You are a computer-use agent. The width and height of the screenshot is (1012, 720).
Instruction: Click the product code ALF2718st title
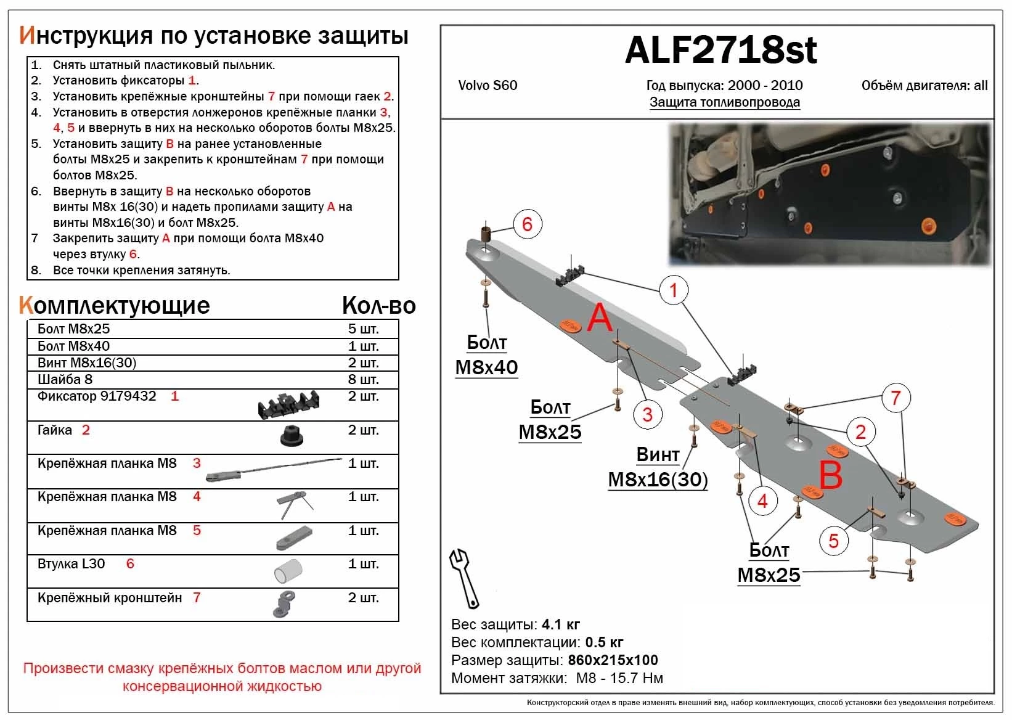tap(720, 51)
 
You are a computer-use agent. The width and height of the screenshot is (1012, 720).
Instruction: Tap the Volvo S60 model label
tap(488, 86)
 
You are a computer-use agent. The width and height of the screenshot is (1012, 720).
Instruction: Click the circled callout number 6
tap(527, 224)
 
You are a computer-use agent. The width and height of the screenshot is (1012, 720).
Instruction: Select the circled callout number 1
tap(673, 290)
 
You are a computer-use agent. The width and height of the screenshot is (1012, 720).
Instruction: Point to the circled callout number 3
tap(647, 414)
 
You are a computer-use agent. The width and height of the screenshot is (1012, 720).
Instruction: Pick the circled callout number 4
tap(762, 501)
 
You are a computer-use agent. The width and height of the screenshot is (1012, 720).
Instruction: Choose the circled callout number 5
tap(833, 541)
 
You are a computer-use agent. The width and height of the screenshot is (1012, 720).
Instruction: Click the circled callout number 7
tap(896, 398)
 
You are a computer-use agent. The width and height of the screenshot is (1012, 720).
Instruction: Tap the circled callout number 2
tap(860, 432)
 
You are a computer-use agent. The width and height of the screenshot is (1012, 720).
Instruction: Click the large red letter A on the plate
tap(599, 318)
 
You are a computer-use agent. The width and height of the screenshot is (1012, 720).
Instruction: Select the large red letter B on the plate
tap(830, 476)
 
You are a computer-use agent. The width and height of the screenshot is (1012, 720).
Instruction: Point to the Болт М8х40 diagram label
tap(486, 355)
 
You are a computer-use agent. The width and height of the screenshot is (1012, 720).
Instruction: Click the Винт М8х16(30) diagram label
tap(658, 467)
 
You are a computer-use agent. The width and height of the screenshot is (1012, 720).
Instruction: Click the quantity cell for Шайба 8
tap(363, 379)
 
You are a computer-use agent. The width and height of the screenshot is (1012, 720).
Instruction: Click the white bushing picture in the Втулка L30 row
tap(288, 571)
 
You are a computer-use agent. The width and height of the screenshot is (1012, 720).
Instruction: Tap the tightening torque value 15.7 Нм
tap(635, 679)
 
